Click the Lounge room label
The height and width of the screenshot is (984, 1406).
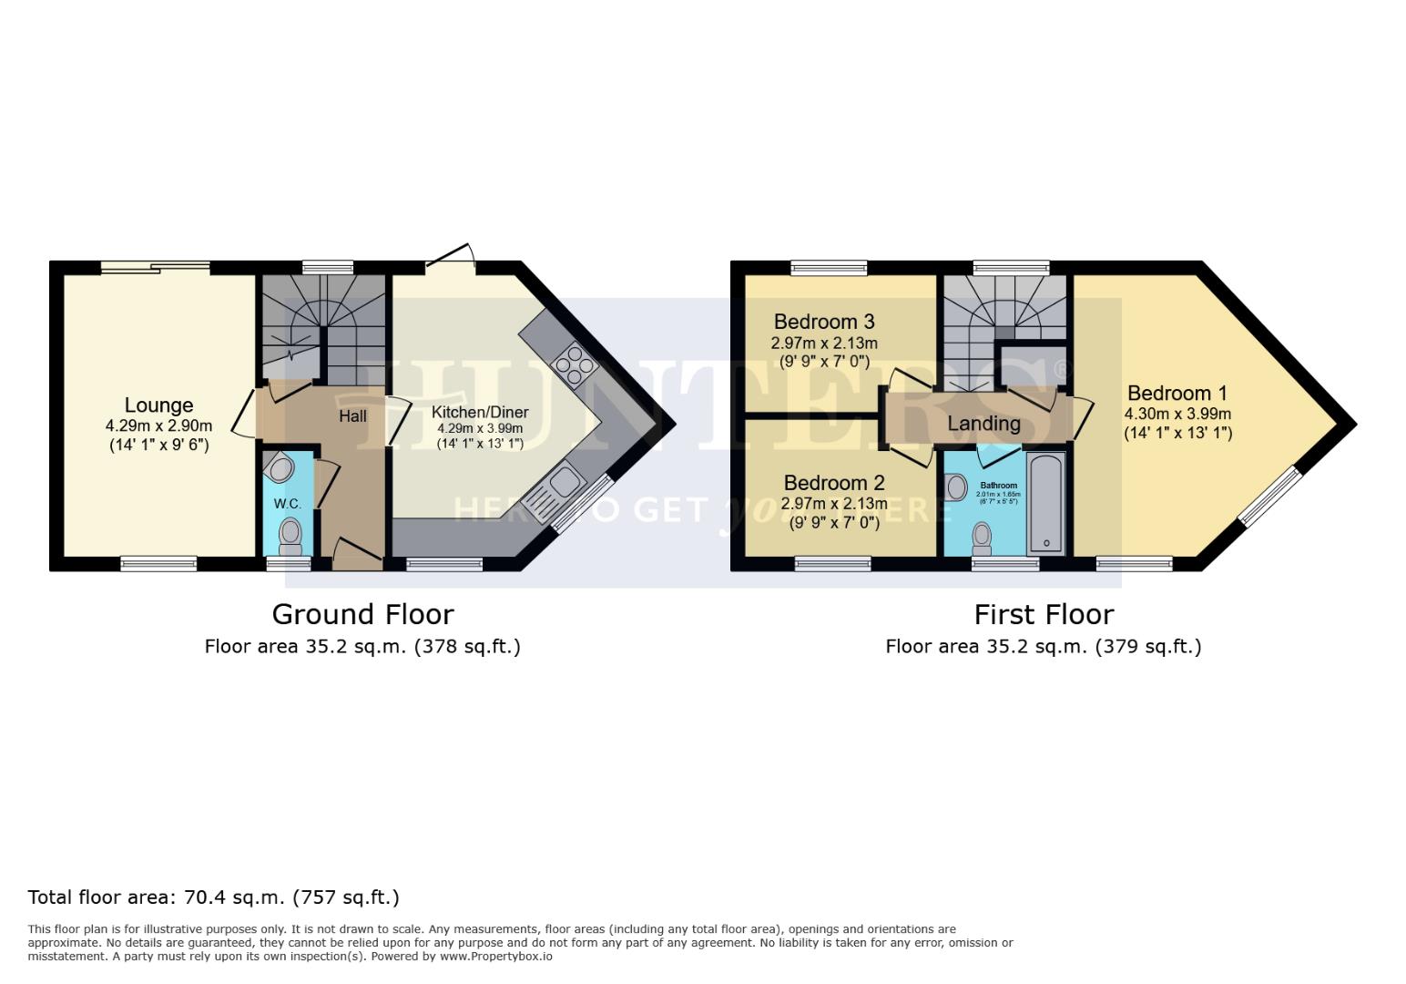point(158,405)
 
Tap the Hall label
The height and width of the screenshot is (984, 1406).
point(352,416)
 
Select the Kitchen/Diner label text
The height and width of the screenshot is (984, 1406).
point(480,413)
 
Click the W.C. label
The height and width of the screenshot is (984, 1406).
point(287,504)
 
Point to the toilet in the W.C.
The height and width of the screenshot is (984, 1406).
point(290,534)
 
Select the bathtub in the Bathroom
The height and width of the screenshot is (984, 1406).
point(1045,504)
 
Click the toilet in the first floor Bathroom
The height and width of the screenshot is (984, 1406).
point(982,537)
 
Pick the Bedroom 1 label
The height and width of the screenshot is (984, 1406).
point(1177,394)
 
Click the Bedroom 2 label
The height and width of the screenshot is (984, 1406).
point(833,483)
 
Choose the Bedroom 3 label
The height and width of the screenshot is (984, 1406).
point(824,322)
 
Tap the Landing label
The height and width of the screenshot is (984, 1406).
point(983,424)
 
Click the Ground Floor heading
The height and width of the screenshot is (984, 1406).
point(362,614)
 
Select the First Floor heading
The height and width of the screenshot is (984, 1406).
point(1044,614)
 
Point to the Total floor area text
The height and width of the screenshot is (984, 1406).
point(213,897)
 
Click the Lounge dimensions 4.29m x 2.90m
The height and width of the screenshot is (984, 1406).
point(158,425)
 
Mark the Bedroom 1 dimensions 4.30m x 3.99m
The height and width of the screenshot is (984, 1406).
point(1177,414)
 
